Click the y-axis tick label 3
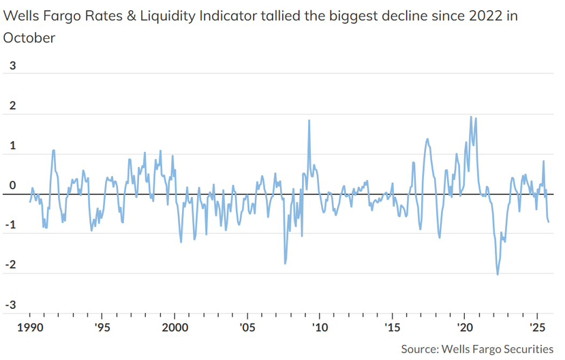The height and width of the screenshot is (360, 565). click(10, 66)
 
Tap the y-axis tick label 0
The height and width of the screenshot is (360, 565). click(10, 185)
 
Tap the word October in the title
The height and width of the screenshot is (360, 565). click(29, 37)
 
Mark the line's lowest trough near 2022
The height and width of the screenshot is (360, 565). click(498, 274)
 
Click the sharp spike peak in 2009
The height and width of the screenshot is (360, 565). click(309, 121)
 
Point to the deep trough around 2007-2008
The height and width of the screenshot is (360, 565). click(285, 263)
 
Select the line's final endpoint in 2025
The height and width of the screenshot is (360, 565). click(549, 220)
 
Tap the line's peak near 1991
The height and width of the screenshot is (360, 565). click(53, 151)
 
